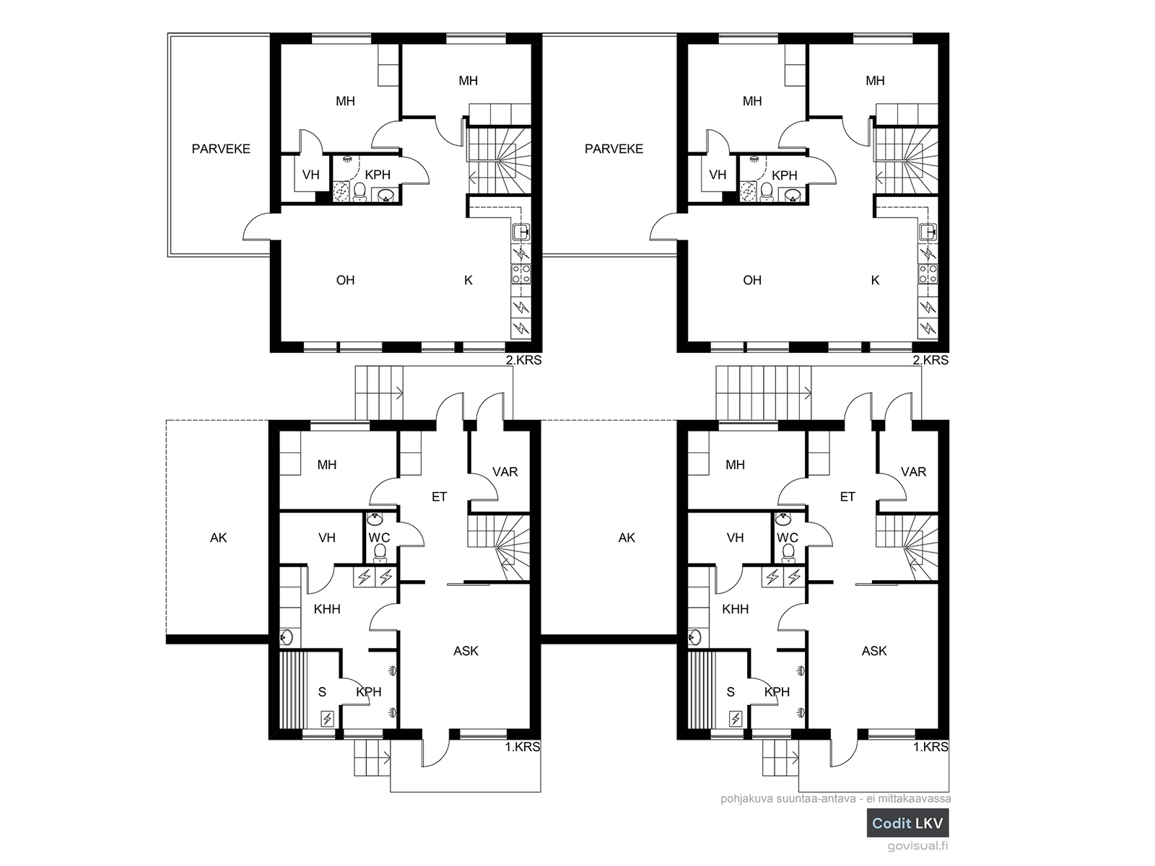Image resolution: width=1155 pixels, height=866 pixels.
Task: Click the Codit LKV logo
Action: [x=907, y=823]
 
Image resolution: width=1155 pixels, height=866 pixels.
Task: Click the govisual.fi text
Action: [x=918, y=846]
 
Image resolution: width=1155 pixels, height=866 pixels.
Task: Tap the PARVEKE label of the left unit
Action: [x=221, y=149]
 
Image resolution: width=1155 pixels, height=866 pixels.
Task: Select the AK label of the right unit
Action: [x=626, y=538]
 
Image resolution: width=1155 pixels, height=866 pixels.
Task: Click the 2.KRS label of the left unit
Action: [x=523, y=360]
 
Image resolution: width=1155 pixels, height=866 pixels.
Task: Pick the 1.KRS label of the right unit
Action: [x=930, y=747]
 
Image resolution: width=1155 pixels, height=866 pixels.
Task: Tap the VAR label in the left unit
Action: [x=505, y=472]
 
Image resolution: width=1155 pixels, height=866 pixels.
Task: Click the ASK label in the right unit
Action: [x=874, y=651]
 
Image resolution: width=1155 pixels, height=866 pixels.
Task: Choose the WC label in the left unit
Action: [x=379, y=538]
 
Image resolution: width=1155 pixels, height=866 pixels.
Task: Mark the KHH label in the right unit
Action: [x=735, y=609]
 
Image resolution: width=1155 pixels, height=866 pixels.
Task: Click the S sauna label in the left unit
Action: [x=322, y=692]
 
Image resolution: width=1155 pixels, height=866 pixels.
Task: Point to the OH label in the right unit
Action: [x=752, y=280]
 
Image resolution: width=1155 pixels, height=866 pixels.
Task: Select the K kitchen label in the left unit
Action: [x=468, y=280]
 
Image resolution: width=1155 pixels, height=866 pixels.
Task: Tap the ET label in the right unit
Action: [x=847, y=497]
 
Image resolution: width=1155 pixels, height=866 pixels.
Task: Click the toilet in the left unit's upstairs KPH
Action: [x=360, y=192]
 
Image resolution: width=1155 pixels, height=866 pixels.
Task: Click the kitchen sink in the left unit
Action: [x=521, y=232]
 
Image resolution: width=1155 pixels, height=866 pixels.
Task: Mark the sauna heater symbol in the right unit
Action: [x=735, y=718]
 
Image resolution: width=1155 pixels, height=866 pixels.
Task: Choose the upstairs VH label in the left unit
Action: [x=310, y=175]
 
